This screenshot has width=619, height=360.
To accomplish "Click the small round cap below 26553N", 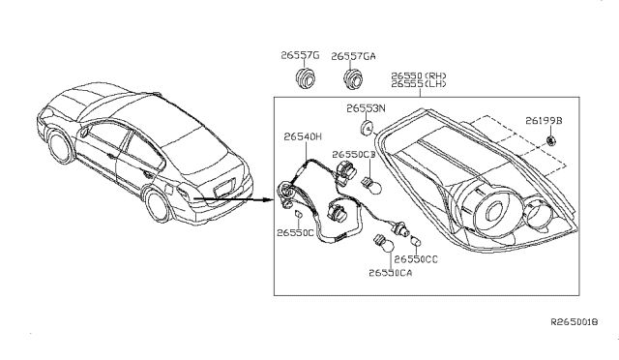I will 368,128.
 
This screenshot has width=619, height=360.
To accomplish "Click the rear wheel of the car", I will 155,206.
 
